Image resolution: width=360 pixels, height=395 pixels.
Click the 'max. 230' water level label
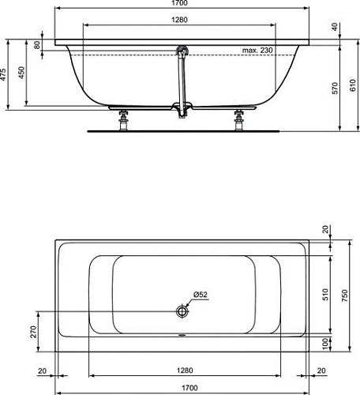[257, 50]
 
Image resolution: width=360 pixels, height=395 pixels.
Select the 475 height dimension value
[3, 74]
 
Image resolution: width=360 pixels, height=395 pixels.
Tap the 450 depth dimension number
[21, 73]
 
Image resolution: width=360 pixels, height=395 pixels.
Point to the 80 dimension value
[37, 45]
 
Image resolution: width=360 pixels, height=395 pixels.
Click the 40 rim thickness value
[335, 27]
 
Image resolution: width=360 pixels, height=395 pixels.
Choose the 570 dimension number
[335, 88]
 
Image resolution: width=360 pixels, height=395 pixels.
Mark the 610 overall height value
[353, 85]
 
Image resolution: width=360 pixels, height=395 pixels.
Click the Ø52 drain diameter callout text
[201, 295]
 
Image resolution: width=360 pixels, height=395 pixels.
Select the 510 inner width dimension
[326, 295]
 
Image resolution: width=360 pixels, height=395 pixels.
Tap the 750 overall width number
[345, 295]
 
